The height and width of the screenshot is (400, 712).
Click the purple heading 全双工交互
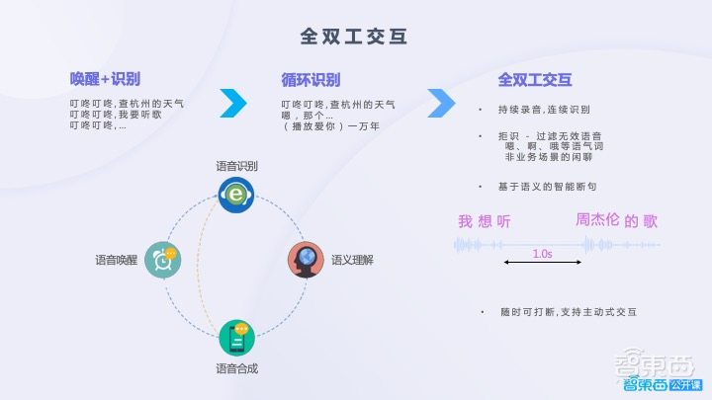pos(535,79)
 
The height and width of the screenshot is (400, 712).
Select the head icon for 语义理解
pos(306,260)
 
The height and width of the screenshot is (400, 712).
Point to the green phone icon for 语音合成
pos(237,337)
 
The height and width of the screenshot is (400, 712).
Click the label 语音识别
pos(237,166)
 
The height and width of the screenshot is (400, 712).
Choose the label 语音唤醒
pos(116,260)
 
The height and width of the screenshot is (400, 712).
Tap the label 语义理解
pos(352,260)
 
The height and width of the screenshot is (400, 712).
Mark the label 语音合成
pos(237,368)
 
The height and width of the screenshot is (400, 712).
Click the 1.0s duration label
pos(542,254)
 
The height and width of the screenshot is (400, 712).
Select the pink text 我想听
pos(484,221)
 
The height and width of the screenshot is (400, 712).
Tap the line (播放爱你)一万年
pos(330,126)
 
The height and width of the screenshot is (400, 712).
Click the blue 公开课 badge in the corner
pos(685,383)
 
